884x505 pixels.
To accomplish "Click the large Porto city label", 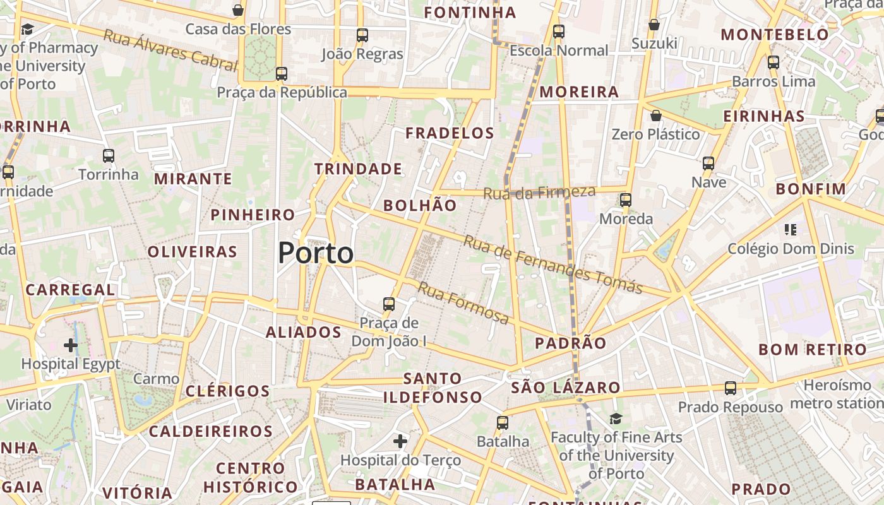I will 316,253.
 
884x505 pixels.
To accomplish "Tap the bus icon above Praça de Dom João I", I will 389,304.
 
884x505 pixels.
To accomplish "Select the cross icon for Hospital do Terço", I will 400,441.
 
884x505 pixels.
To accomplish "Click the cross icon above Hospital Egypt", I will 71,345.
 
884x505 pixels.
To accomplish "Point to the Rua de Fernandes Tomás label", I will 552,264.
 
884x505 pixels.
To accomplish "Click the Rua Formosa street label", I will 463,304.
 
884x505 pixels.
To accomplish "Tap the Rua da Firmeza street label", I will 539,192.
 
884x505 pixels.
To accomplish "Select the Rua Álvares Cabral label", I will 170,50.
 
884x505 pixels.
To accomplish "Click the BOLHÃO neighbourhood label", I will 420,205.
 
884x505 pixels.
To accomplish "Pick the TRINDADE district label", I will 358,169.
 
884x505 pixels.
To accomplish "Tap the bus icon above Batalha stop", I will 503,422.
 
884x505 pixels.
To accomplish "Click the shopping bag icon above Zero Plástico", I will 656,116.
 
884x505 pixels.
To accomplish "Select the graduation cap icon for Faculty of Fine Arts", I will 616,419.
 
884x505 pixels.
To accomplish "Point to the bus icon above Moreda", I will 626,200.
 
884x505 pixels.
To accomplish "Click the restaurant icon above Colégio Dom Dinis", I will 791,229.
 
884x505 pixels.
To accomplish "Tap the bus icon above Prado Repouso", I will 731,388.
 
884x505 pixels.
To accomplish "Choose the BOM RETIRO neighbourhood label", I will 813,350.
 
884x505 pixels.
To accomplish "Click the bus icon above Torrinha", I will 109,155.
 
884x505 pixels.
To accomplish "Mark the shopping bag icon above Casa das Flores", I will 238,10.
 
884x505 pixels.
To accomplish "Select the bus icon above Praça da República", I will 282,74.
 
